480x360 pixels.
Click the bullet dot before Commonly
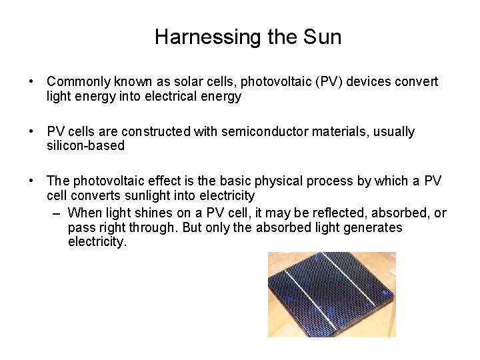click(32, 82)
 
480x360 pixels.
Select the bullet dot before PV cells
click(32, 132)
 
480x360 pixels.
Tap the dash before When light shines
click(57, 213)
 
